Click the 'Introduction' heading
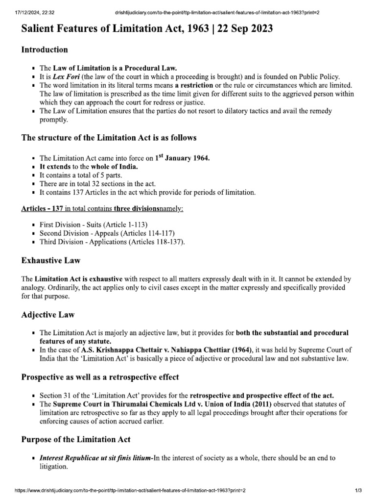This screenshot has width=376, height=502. click(45, 50)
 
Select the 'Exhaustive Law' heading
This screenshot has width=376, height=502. click(51, 260)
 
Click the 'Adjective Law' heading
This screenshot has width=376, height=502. click(48, 314)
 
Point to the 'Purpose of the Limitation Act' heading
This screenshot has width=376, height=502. click(76, 439)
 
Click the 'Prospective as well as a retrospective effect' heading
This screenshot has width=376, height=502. click(99, 377)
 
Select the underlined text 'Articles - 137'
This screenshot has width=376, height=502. click(42, 208)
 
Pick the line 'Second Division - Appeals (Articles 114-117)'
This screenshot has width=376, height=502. click(107, 233)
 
